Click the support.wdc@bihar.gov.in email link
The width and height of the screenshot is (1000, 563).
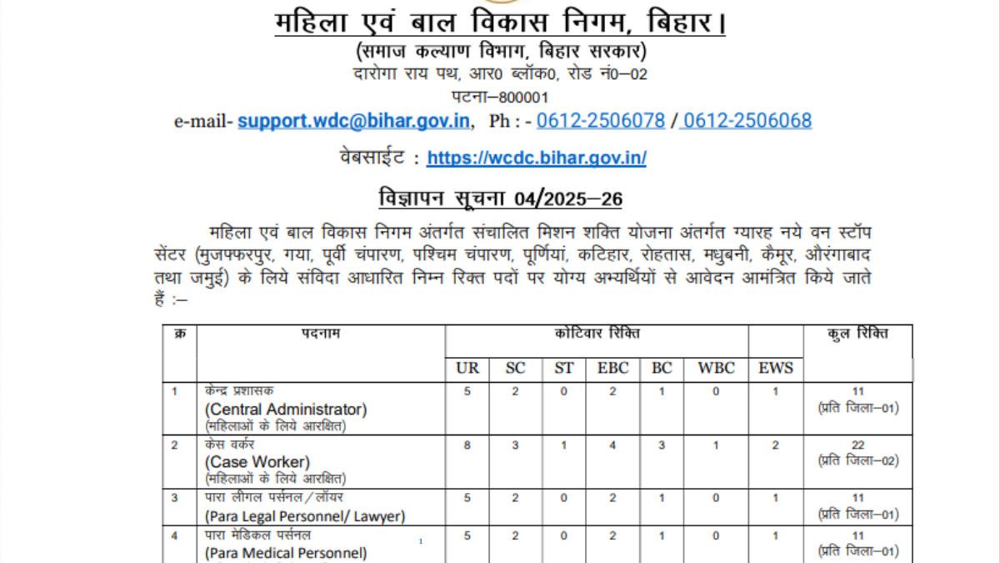353,121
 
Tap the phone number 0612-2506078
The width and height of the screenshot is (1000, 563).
600,121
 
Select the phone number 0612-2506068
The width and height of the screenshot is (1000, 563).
747,121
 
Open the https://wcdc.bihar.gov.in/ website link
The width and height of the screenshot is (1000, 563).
536,158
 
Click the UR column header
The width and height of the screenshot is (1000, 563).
467,368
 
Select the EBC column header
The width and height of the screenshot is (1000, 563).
612,368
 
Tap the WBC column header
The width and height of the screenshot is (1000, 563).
715,368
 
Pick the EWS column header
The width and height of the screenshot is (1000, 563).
775,368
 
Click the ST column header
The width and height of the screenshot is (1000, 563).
564,368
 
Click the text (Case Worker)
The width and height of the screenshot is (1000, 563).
257,462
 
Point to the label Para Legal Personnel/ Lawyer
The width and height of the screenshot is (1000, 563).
305,516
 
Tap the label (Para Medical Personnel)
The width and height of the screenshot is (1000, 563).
286,552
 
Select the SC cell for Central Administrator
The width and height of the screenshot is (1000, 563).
516,392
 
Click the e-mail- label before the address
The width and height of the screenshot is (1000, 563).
203,122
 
